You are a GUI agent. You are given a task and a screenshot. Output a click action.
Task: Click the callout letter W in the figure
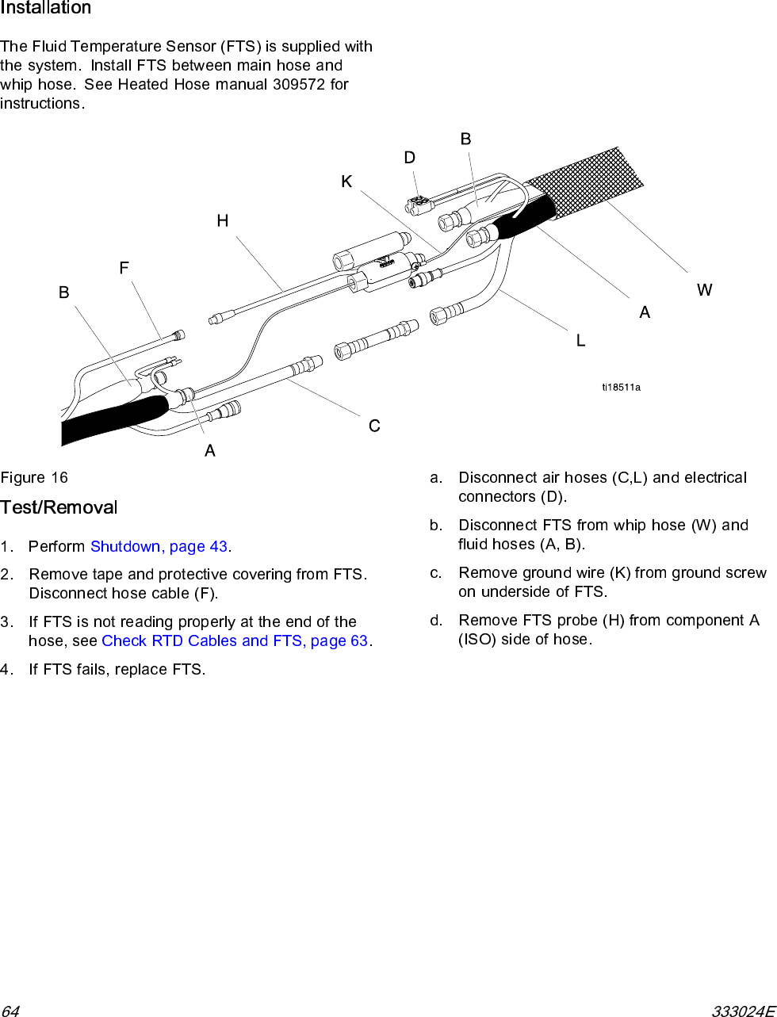pos(704,290)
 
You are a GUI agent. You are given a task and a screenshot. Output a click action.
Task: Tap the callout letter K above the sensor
pos(346,182)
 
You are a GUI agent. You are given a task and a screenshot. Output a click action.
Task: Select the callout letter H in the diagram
pos(223,221)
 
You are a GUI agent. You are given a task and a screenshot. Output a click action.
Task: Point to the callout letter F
pos(124,269)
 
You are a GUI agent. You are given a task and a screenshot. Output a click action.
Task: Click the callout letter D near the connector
pos(409,158)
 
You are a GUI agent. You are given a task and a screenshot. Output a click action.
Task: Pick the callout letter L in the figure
pos(580,341)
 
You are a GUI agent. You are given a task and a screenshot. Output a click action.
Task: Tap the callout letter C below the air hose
pos(374,426)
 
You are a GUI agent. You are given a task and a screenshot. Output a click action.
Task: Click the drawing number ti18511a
pos(621,388)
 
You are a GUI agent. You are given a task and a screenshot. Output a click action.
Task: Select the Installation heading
pos(46,9)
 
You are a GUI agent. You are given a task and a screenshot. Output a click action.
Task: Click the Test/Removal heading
pos(59,507)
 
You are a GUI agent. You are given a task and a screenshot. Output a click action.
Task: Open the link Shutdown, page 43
pos(159,547)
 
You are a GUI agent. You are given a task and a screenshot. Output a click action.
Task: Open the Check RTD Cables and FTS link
pos(235,641)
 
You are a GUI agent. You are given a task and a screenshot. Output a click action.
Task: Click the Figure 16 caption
pos(34,478)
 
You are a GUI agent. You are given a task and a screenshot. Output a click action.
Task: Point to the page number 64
pos(10,1011)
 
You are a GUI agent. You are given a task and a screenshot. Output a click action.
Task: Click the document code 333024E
pos(742,1011)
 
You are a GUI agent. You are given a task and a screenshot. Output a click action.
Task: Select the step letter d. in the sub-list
pos(436,621)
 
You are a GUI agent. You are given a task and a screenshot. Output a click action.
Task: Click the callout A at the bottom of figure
pos(210,451)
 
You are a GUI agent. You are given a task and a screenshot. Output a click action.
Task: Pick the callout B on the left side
pos(64,293)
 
